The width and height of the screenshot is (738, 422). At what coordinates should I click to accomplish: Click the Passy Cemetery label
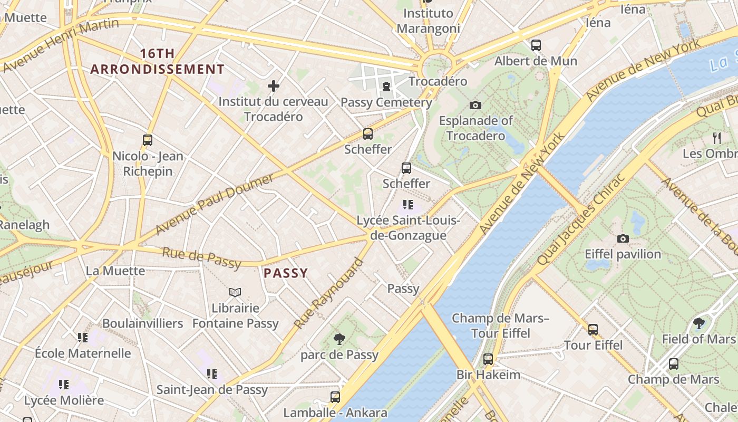coord(386,102)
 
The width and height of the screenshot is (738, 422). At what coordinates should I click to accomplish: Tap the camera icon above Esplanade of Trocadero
coord(475,105)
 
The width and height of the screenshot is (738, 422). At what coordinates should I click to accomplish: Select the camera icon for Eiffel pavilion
coord(623,238)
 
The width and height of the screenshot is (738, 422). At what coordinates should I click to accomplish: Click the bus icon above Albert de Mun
coord(536,45)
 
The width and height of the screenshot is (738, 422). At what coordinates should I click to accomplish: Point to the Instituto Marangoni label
coord(428,21)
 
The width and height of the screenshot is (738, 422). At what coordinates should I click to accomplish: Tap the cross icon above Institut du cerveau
coord(274,85)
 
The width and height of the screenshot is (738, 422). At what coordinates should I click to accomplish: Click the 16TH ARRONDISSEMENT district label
coord(157,61)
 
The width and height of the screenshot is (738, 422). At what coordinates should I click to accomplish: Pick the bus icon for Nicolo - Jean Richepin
coord(148,140)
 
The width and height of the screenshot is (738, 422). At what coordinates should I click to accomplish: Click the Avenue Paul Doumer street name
coord(215,204)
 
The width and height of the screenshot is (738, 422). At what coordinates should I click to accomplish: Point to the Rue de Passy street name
coord(201,257)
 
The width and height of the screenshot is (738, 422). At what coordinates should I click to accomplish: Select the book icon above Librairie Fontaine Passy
coord(235,292)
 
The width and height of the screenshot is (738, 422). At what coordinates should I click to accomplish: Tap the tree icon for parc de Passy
coord(339,339)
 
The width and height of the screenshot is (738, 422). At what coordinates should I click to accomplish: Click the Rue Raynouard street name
coord(329,293)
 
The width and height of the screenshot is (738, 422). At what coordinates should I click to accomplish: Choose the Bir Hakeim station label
coord(488,375)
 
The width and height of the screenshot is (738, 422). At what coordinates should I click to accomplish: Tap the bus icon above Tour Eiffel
coord(593,330)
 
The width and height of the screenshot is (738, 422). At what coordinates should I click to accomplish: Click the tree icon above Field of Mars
coord(699,323)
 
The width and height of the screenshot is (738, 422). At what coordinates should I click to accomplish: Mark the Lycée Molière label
coord(64,400)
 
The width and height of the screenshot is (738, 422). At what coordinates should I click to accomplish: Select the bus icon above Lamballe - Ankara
coord(335,397)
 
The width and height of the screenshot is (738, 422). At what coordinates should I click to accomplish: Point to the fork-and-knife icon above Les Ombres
coord(717,138)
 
